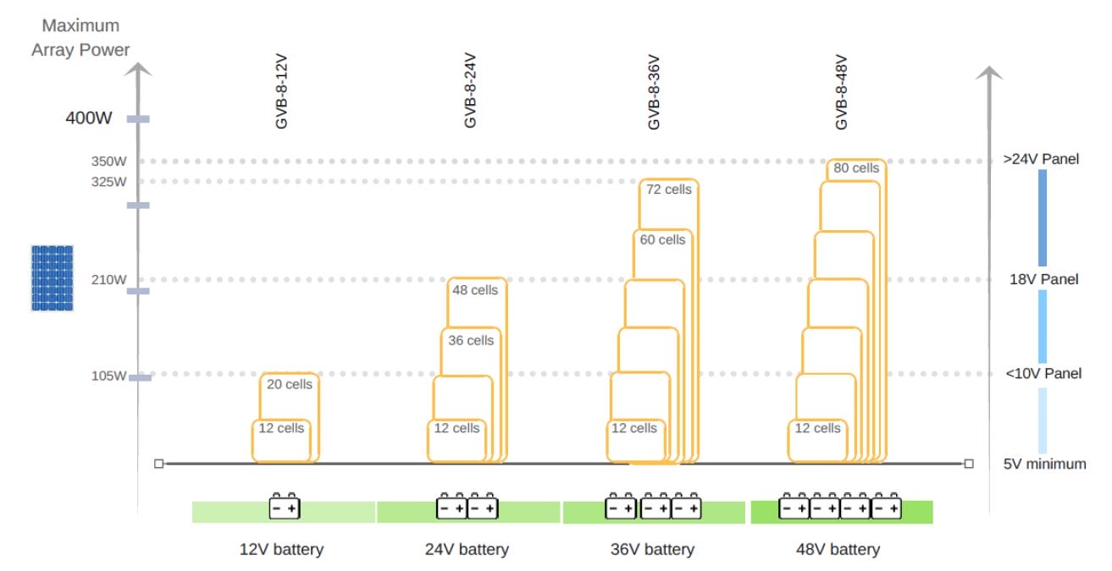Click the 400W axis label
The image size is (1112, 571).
(89, 118)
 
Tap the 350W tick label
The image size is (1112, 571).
(109, 161)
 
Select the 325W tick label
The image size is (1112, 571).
(109, 182)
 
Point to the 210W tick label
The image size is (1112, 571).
(109, 280)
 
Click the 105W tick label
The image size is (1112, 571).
(109, 376)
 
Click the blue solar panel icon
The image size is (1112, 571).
(53, 278)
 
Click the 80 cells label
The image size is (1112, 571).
(856, 168)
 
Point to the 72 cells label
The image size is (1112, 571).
(668, 189)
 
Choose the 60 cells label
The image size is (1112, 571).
(662, 240)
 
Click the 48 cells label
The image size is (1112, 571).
(475, 290)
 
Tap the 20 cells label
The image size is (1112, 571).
(289, 384)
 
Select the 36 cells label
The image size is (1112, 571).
(470, 341)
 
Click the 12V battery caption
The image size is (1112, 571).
(282, 550)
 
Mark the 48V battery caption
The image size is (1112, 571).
(838, 550)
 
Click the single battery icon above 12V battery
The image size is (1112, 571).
(285, 507)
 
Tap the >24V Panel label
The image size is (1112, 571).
(1041, 158)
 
